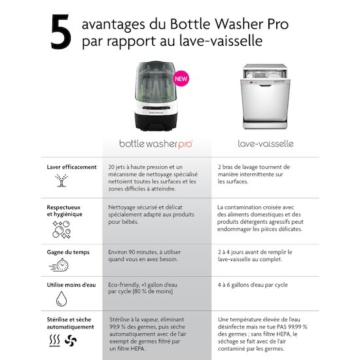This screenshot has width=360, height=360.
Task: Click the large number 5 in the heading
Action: (61, 31)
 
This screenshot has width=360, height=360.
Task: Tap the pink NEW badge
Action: (181, 79)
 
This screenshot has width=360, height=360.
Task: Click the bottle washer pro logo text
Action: (156, 144)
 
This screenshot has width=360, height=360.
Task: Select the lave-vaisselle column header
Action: (266, 144)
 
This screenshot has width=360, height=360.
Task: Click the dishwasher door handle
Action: (265, 85)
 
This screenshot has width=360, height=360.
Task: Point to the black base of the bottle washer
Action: (156, 122)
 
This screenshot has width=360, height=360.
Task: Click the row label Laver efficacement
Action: (71, 167)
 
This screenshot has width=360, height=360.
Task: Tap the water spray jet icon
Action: (62, 181)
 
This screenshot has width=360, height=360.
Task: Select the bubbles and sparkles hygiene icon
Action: (62, 230)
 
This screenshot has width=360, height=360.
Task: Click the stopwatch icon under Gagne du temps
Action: (59, 265)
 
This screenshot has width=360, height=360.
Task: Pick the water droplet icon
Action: (62, 298)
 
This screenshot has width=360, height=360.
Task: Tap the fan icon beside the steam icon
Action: (71, 340)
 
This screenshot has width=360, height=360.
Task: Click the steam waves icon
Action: (54, 340)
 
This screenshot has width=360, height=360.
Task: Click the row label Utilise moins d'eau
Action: (71, 285)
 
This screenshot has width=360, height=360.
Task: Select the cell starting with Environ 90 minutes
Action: (145, 255)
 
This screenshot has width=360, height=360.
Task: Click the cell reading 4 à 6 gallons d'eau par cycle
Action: (253, 285)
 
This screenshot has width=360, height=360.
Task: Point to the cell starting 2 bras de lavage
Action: (254, 174)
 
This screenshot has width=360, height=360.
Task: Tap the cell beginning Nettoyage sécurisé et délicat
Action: (151, 215)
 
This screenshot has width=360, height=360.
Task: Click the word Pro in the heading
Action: (278, 24)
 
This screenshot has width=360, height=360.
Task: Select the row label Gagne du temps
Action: (68, 252)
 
